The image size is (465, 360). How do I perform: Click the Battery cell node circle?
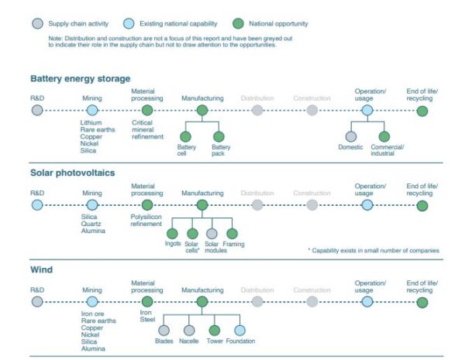coord(186,136)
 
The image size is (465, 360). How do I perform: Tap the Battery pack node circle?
coord(219,136)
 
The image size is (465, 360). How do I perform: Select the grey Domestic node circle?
coord(351,136)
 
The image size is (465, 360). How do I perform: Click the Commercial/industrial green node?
coord(384,136)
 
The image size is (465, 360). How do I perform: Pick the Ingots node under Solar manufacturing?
coord(172,234)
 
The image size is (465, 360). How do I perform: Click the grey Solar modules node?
coord(212,234)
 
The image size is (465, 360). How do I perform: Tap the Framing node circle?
coord(232,234)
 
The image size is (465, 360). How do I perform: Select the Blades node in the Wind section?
coord(164,331)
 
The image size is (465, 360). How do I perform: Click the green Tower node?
coord(215,331)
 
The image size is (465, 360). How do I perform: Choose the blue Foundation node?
coord(239,331)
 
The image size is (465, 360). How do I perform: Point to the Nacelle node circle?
coord(189,331)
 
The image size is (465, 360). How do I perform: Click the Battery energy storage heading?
coord(81,79)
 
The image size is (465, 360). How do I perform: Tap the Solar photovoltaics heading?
coord(73,173)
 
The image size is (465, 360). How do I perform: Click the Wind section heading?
coord(42,269)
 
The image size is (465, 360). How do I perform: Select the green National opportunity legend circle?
coord(238,24)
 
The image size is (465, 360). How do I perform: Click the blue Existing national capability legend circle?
coord(129,24)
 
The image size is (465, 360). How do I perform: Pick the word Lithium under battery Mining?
coord(91,122)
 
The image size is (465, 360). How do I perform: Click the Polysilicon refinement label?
coord(146,221)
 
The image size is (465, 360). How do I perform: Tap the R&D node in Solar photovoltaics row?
coord(37,205)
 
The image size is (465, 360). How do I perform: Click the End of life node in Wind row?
coord(422,303)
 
